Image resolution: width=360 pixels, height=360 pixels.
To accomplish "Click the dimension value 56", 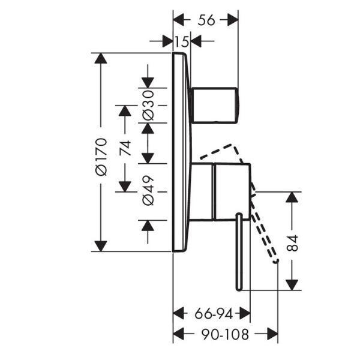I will tap(206, 19).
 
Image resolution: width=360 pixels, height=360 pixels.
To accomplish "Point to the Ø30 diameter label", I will tap(148, 106).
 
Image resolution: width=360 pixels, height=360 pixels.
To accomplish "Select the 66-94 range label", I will tap(211, 313).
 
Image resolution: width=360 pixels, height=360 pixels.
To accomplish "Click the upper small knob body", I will tap(215, 104).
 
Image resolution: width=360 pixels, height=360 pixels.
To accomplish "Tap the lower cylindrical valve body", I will tap(230, 191).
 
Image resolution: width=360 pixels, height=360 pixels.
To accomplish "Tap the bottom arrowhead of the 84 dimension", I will tap(292, 281).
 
